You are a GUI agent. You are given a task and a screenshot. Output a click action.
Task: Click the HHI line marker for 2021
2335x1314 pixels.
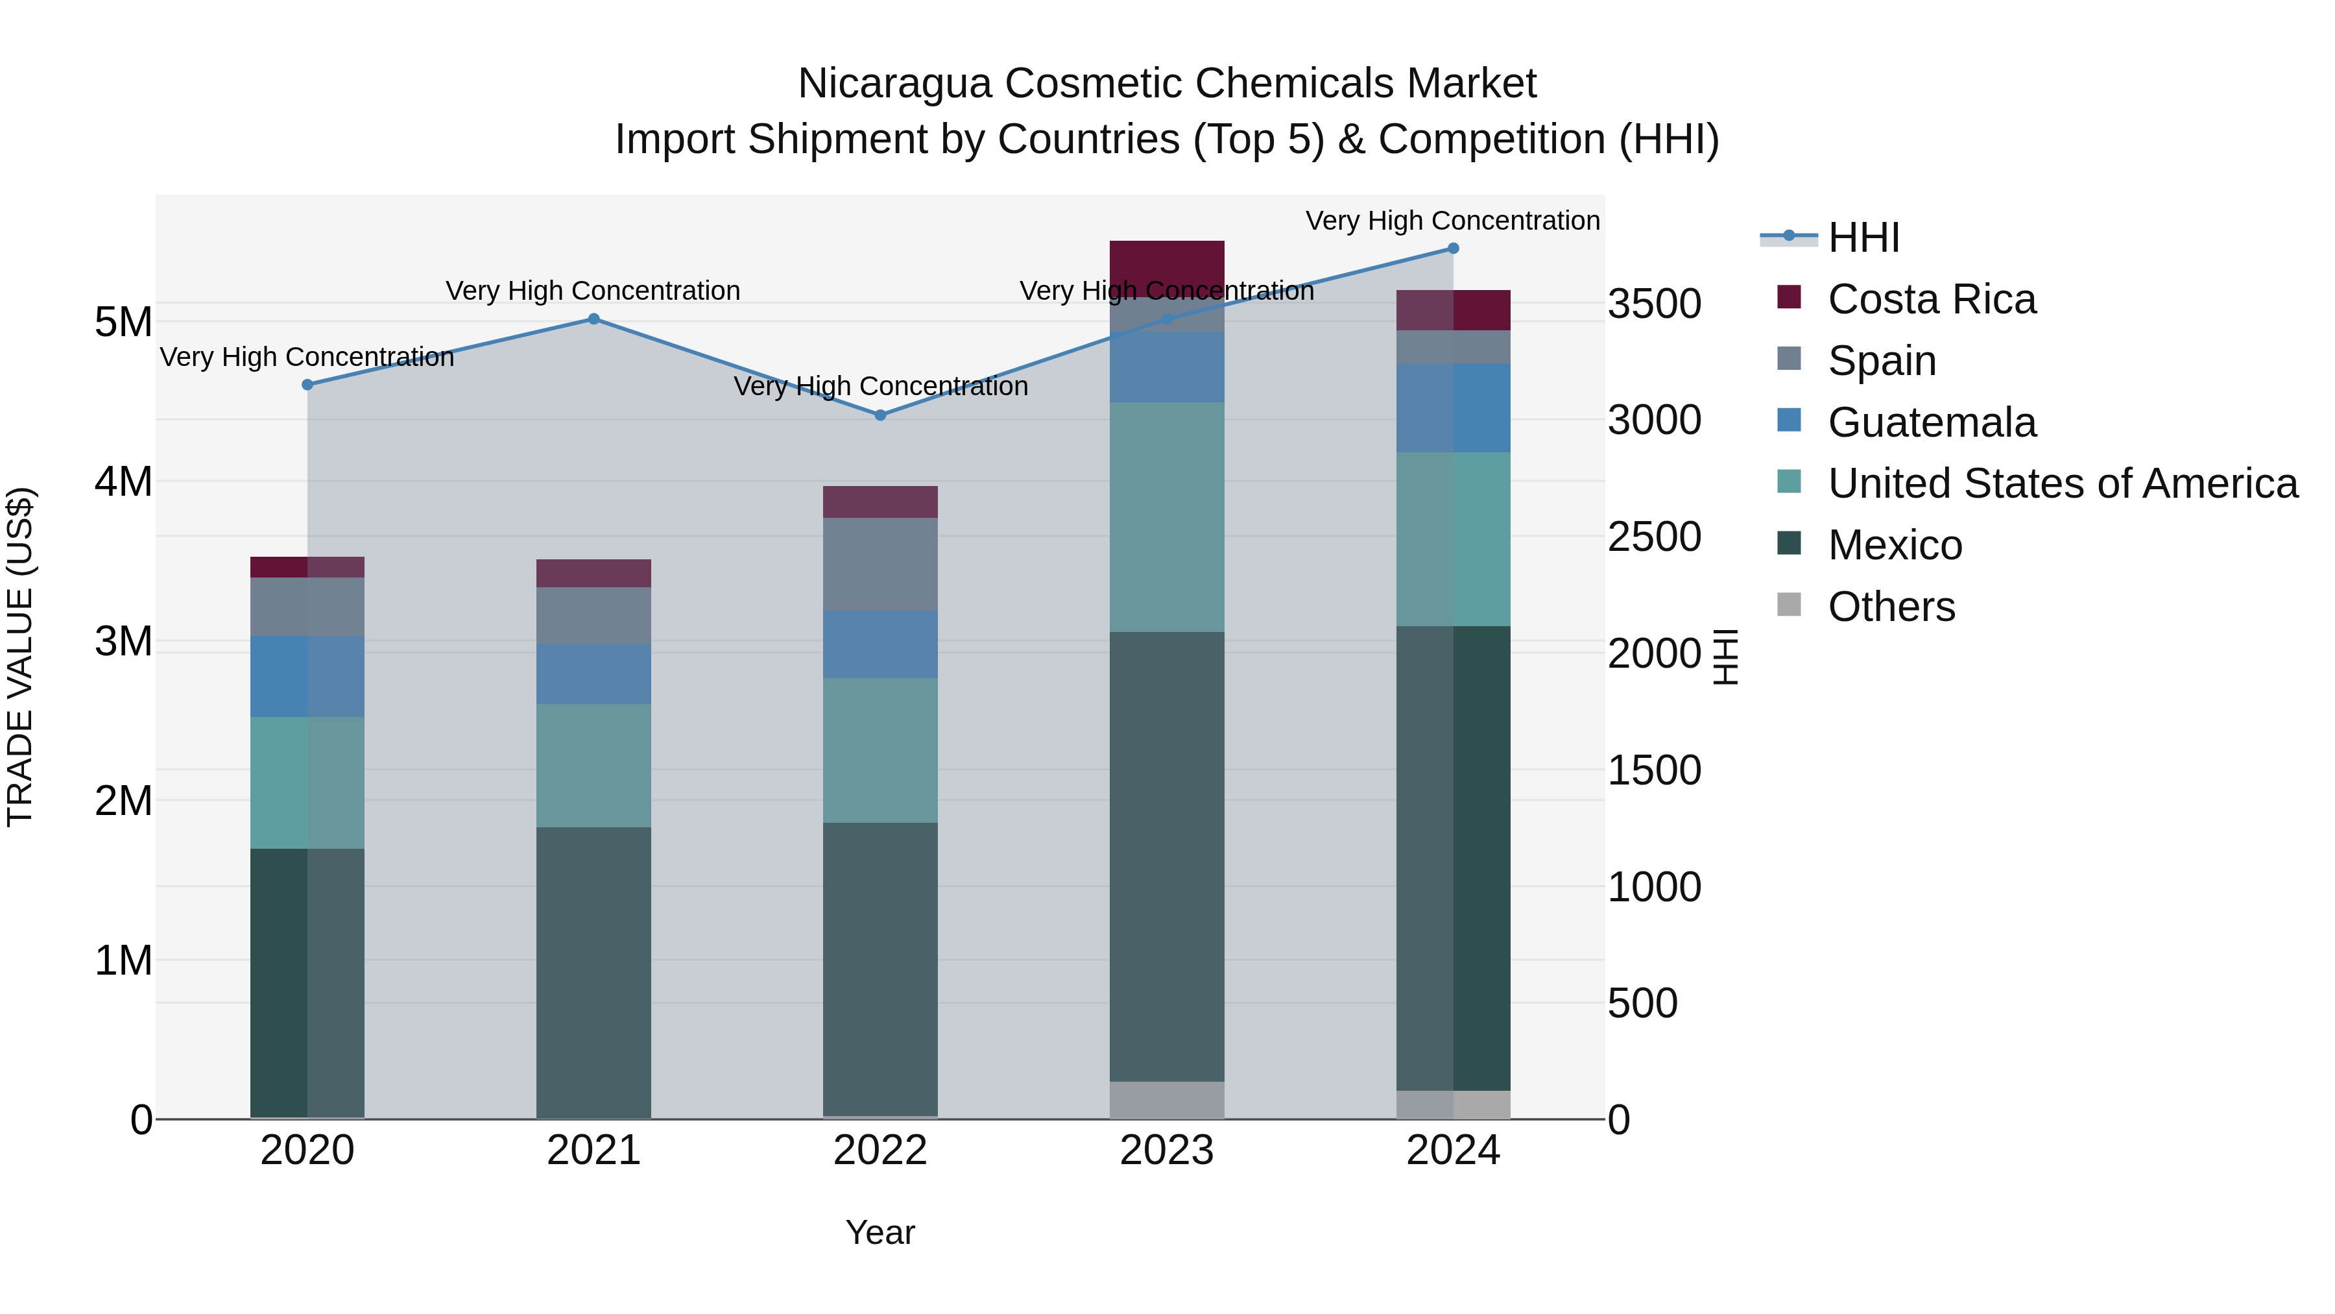point(593,319)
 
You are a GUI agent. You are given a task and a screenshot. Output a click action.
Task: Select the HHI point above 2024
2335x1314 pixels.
point(1453,249)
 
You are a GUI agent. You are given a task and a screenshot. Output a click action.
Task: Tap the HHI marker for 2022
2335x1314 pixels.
point(880,415)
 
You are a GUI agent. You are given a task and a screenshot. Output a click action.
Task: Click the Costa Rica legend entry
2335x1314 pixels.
point(1931,299)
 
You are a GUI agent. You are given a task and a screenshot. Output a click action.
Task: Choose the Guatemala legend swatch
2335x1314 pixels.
point(1790,420)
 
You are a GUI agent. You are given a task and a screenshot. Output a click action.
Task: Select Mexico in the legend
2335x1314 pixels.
point(1895,545)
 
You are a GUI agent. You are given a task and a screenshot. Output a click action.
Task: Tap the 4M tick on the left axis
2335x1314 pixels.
point(123,481)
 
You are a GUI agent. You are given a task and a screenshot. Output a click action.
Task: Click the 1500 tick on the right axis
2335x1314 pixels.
point(1654,771)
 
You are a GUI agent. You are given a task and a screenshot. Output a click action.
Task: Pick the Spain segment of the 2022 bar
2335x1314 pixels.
point(880,564)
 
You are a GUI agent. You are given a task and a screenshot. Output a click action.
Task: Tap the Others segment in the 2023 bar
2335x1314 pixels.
point(1167,1100)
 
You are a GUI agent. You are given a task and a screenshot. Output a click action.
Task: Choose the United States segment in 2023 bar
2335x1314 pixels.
point(1167,517)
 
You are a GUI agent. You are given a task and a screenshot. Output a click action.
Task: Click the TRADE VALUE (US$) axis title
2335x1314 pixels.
point(20,657)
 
